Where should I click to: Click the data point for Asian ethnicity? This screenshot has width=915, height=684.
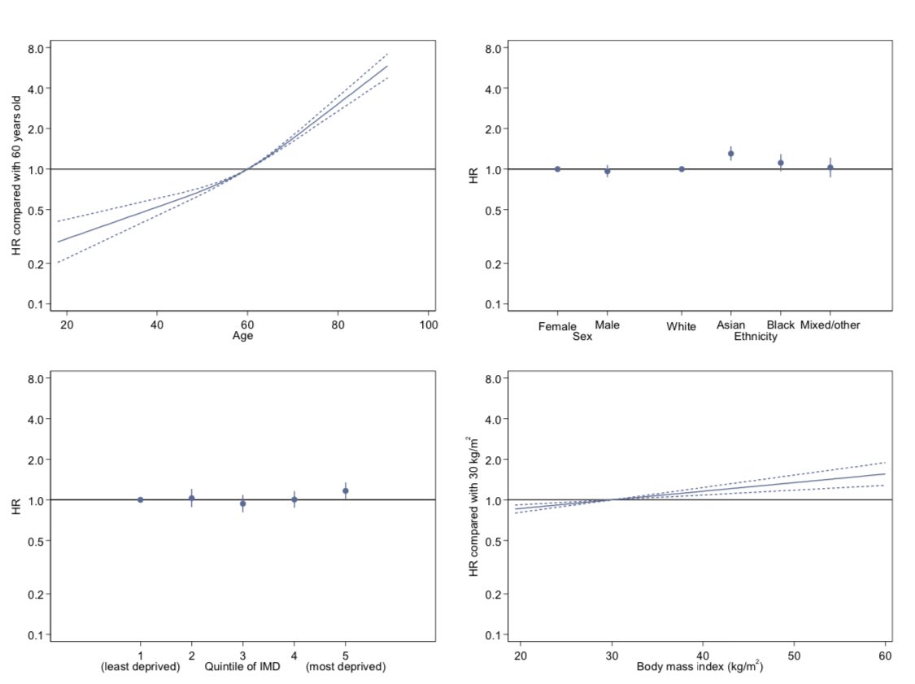click(x=730, y=154)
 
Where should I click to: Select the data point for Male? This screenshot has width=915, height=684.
click(x=607, y=172)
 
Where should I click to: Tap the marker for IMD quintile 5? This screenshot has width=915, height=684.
click(x=346, y=490)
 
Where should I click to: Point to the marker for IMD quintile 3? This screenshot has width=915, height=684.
click(x=242, y=503)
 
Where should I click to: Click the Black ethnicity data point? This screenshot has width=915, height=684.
click(x=781, y=163)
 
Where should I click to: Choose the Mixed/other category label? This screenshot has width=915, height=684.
click(x=830, y=325)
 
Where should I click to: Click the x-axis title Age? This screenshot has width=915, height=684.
click(x=243, y=336)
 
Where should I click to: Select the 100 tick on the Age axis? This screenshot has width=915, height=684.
click(x=429, y=325)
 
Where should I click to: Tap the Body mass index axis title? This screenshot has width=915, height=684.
click(x=700, y=667)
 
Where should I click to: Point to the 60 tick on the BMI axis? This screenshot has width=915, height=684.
click(x=884, y=656)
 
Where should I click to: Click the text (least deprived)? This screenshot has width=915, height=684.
click(x=140, y=667)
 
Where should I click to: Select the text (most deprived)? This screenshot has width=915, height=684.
click(x=346, y=667)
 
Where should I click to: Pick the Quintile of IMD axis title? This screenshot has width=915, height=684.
click(x=242, y=667)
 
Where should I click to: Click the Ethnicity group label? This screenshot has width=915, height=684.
click(x=756, y=337)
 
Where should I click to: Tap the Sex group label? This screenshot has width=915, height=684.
click(x=582, y=337)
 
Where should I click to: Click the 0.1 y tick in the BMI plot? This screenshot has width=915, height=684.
click(x=494, y=634)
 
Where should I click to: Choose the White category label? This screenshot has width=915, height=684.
click(x=681, y=327)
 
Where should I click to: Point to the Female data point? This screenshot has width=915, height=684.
click(x=557, y=169)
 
